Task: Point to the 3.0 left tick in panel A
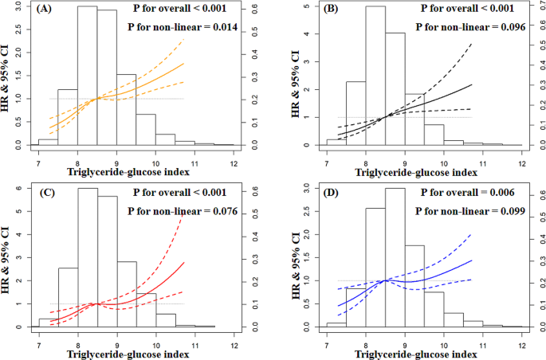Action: tap(22, 8)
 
